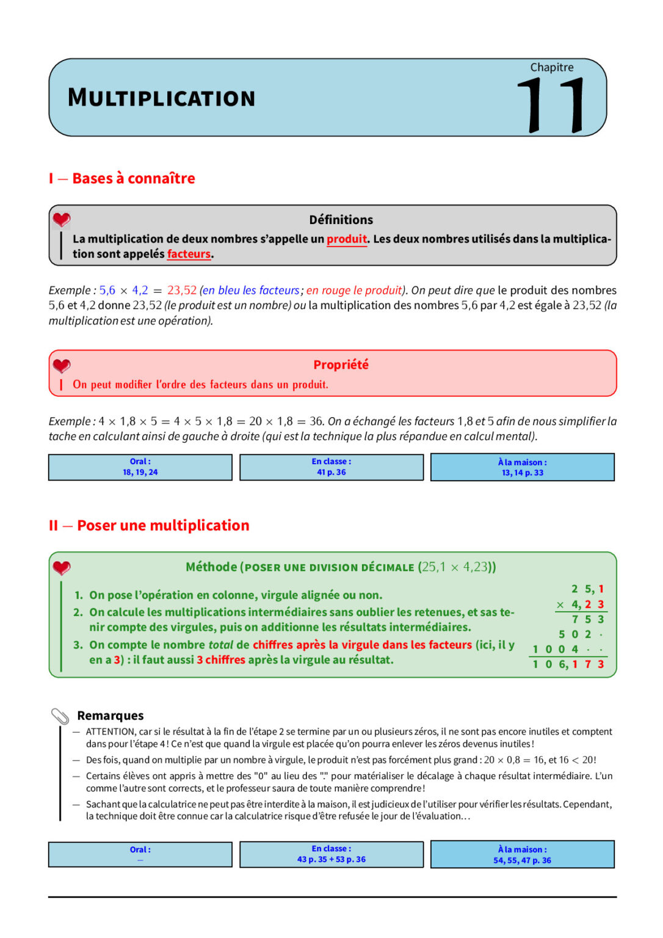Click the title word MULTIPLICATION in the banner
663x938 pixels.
(x=161, y=98)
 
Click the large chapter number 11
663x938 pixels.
(x=551, y=105)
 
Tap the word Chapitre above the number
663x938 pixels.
(x=551, y=67)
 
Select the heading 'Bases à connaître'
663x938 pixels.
(x=133, y=178)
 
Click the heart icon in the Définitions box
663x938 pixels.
(x=62, y=220)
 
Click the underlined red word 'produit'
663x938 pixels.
(x=346, y=239)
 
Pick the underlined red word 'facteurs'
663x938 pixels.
(x=189, y=254)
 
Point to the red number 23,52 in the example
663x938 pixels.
(x=182, y=290)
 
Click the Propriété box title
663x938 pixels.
(x=341, y=365)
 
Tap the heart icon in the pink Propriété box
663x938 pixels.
(x=62, y=366)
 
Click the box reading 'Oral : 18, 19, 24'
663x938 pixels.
(x=140, y=467)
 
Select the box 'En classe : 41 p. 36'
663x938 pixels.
(x=331, y=467)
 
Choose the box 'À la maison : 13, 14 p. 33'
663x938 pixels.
(x=523, y=467)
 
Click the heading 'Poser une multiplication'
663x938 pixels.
(x=163, y=525)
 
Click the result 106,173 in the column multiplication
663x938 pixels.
(x=568, y=664)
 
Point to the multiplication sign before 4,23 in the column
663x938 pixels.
(x=560, y=605)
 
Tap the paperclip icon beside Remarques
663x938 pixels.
(x=60, y=716)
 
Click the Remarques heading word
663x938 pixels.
(x=111, y=716)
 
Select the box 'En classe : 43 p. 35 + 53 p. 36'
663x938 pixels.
(x=331, y=854)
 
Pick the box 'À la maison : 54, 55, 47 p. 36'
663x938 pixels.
(x=523, y=854)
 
